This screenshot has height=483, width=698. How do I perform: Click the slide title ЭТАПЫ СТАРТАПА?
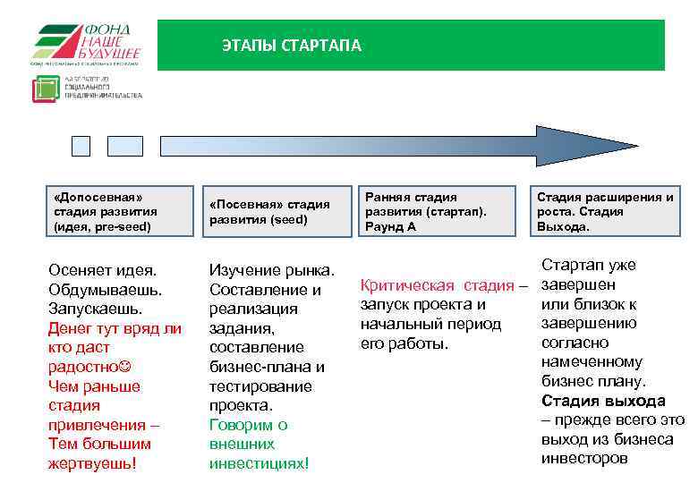(x=292, y=46)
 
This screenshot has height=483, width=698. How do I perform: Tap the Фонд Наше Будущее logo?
(x=87, y=45)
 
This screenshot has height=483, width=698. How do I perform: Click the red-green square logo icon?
(x=45, y=89)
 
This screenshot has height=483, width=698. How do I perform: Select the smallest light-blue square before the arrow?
(x=81, y=146)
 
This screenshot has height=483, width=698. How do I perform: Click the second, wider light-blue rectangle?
(x=125, y=146)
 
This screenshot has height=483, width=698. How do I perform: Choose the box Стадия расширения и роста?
(x=605, y=211)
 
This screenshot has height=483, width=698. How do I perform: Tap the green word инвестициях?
(x=260, y=463)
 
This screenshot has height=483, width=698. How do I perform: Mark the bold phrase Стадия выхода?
(x=603, y=401)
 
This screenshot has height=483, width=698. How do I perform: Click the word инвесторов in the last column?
(x=585, y=458)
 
